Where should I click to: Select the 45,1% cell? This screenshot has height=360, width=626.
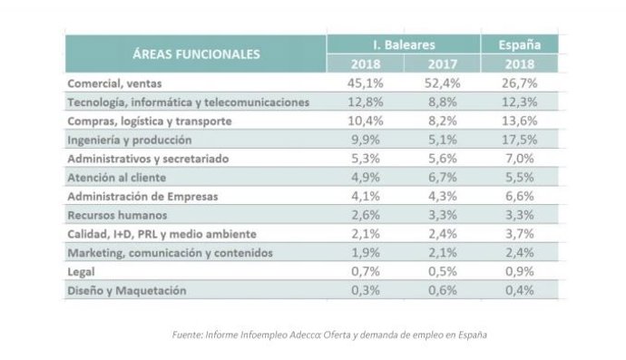coord(367,83)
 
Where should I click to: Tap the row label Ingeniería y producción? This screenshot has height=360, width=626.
coord(130,141)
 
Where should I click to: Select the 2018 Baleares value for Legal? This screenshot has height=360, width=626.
coord(367,272)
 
